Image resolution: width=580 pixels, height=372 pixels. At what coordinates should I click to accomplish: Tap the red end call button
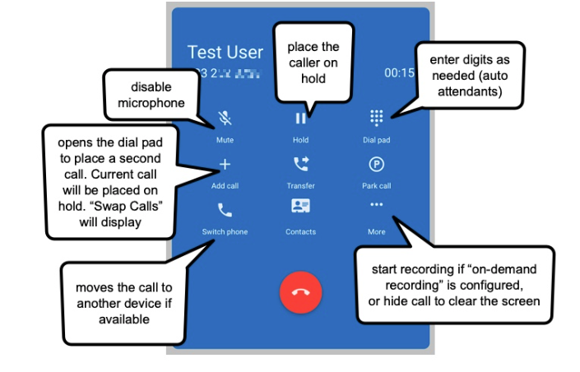pos(300,291)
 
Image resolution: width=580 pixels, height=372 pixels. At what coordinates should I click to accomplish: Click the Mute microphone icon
pos(225,119)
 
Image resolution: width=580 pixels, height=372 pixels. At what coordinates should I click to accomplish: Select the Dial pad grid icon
pos(377,119)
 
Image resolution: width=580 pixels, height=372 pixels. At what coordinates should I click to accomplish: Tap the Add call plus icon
pos(225,164)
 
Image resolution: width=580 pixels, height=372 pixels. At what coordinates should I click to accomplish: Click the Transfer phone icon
pos(300,164)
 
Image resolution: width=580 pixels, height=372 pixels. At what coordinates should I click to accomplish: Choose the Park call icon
pos(377,164)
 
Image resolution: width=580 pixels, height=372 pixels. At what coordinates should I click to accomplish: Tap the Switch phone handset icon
pos(225,210)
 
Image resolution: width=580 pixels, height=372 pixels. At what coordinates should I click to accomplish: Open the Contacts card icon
pos(300,207)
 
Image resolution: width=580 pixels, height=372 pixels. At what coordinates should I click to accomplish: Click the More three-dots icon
pos(377,205)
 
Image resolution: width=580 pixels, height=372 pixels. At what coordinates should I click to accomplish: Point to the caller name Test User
pos(225,52)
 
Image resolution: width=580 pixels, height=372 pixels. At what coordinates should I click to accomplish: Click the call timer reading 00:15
pos(399,72)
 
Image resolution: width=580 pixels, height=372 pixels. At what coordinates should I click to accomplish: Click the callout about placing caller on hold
pos(313,63)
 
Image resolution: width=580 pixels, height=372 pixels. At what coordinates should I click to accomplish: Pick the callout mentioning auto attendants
pos(469,77)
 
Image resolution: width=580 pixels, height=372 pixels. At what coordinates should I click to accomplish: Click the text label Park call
pos(377,186)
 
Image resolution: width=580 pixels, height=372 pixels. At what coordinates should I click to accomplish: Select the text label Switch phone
pos(225,232)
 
